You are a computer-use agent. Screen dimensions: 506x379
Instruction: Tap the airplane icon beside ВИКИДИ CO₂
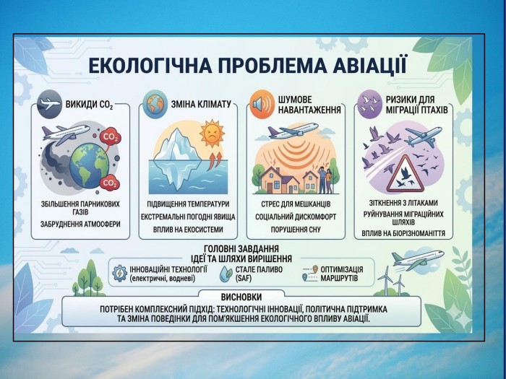click(x=49, y=104)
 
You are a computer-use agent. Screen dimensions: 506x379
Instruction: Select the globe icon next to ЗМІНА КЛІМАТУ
click(x=155, y=104)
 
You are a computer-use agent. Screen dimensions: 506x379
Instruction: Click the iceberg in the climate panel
click(x=176, y=160)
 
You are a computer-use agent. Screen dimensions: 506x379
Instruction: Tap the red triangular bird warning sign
click(x=406, y=174)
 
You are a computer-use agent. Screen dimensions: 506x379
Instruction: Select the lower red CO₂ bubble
click(x=109, y=183)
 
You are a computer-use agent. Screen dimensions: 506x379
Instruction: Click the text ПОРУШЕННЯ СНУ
click(x=296, y=230)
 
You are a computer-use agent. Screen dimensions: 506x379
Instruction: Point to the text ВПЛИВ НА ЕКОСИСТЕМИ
click(x=188, y=230)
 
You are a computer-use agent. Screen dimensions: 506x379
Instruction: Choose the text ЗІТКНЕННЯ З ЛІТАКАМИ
click(x=403, y=203)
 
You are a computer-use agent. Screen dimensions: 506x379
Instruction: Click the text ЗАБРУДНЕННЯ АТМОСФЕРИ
click(x=80, y=224)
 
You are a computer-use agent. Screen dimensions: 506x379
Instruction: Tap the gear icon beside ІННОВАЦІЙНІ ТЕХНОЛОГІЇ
click(x=120, y=274)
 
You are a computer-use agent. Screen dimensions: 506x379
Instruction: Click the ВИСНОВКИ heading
click(x=241, y=297)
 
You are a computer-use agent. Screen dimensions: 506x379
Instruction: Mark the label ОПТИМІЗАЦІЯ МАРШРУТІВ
click(x=342, y=274)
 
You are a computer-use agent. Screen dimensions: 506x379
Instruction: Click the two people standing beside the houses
click(x=325, y=180)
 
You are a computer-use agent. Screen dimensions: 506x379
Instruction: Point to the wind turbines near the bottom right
click(x=392, y=280)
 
